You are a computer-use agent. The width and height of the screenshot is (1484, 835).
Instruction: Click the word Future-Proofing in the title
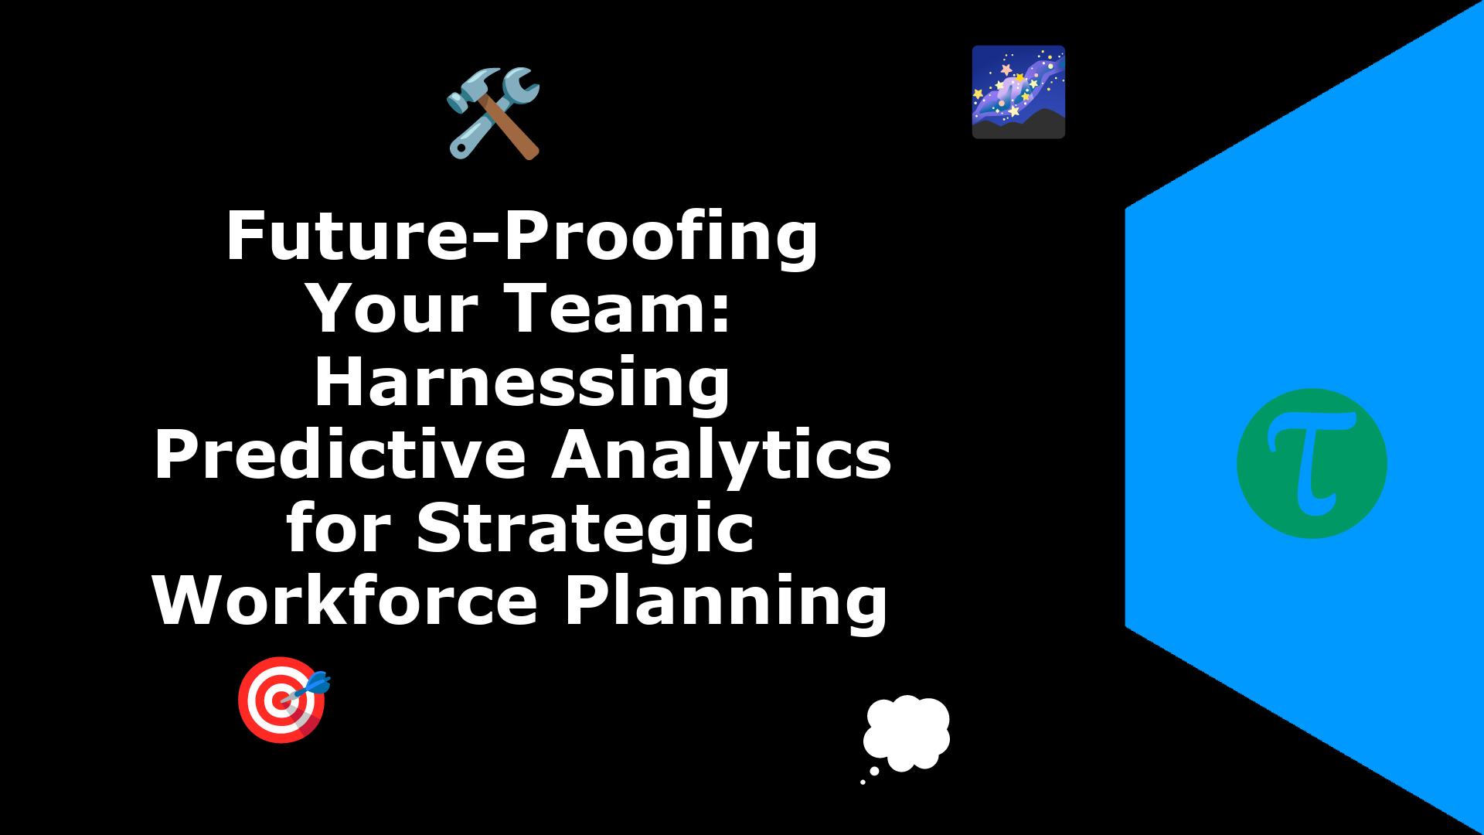(x=522, y=238)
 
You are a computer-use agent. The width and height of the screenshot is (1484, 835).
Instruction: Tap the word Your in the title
(x=392, y=308)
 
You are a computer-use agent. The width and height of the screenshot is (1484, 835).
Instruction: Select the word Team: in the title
(x=618, y=308)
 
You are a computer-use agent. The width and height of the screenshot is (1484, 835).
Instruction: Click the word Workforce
(x=345, y=600)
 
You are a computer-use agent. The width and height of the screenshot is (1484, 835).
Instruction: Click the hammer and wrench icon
(x=494, y=113)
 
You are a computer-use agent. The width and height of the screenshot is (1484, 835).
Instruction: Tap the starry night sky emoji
(x=1019, y=92)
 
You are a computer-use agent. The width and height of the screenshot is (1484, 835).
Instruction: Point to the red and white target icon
(x=281, y=700)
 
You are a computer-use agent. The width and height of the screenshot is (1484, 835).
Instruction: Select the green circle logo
(x=1312, y=464)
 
